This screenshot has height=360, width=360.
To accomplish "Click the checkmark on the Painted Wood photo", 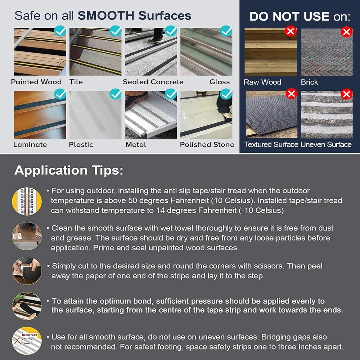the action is tap(60, 31).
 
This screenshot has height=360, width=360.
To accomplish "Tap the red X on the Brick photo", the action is tap(346, 32).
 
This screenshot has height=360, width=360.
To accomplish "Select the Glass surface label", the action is tap(220, 82).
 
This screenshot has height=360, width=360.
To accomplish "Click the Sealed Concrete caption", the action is tap(153, 82).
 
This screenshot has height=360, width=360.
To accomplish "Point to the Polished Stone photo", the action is tap(206, 115).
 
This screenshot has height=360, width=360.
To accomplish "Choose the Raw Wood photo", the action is tap(270, 52).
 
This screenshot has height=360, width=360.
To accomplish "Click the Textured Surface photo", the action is tap(271, 114).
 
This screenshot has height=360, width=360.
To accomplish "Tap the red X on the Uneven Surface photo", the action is tap(346, 94).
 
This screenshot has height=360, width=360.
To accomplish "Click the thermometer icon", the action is tap(27, 201).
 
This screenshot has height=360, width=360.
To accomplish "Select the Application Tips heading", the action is tap(69, 171).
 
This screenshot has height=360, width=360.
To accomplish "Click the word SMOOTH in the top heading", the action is tap(106, 15).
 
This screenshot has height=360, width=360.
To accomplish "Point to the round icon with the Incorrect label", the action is tap(27, 341).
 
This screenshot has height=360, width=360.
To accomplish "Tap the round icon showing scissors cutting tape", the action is tap(27, 271).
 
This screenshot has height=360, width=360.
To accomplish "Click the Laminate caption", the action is tap(30, 145).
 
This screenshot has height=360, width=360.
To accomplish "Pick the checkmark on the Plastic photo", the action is tap(116, 94).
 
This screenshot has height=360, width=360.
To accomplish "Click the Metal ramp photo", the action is tap(151, 115).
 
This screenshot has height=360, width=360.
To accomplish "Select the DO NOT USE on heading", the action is tap(300, 17).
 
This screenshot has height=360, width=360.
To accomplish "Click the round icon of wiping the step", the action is tap(27, 236).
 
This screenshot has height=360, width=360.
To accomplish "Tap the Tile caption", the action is tap(76, 82).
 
